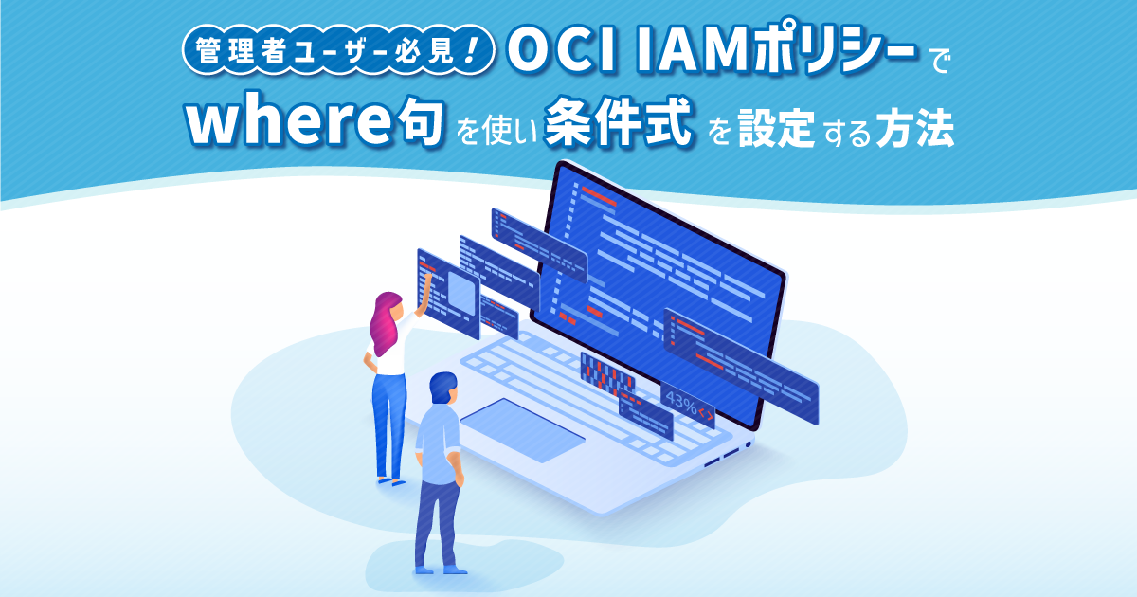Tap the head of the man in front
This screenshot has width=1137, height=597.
(442, 388)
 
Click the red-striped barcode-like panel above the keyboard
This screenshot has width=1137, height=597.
(607, 374)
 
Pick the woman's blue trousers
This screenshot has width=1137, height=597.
(388, 417)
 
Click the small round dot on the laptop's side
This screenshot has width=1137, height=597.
(748, 443)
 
